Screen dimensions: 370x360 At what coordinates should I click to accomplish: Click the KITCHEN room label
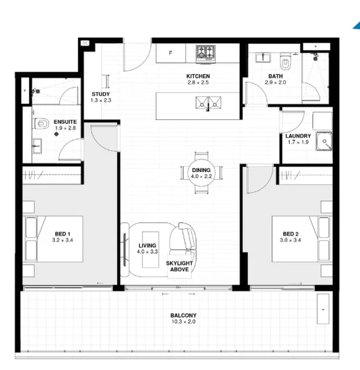[197, 77]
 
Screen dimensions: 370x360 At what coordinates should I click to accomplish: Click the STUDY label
[101, 95]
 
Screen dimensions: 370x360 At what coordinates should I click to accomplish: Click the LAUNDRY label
[298, 136]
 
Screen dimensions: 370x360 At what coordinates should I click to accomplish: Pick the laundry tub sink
[324, 141]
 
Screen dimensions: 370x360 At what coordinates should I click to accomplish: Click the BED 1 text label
[62, 234]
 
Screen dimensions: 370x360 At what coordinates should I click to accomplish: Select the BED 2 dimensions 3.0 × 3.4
[291, 240]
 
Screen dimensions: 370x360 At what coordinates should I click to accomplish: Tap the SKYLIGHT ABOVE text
[179, 266]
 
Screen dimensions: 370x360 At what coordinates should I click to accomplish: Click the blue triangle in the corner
[356, 26]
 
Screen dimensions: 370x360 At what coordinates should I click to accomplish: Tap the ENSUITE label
[64, 122]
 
